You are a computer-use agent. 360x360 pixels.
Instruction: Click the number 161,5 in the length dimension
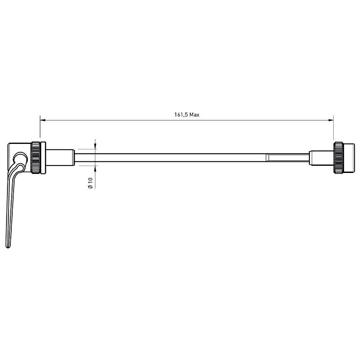[181, 115]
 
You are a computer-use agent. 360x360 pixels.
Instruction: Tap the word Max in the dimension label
[195, 114]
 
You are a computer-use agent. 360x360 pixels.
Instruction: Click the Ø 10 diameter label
[90, 183]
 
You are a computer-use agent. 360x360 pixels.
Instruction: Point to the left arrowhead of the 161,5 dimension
[43, 120]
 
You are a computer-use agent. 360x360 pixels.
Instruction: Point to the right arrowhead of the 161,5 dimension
[330, 120]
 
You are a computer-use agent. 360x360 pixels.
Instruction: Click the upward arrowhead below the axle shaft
[95, 168]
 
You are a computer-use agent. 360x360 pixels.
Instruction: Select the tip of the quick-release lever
[8, 247]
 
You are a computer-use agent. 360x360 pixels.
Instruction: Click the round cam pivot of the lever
[20, 158]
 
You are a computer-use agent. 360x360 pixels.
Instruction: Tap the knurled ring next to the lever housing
[36, 157]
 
